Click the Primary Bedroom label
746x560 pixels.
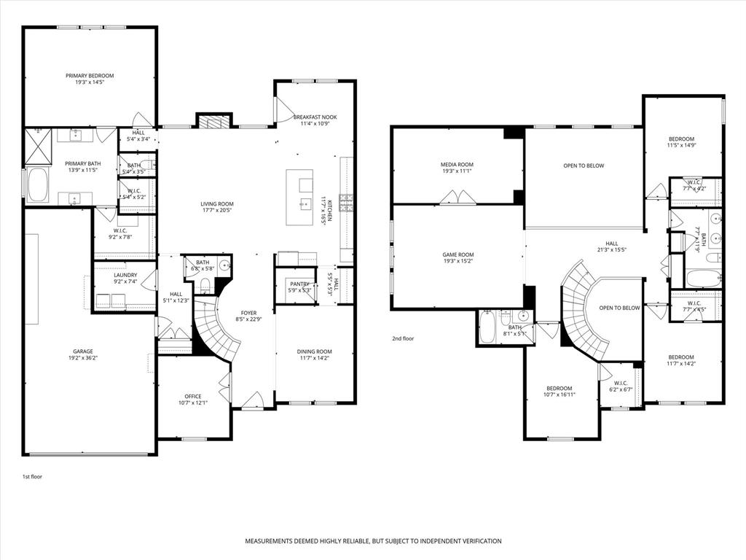[90, 76]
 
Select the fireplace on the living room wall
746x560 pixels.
[214, 121]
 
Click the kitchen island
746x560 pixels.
[299, 198]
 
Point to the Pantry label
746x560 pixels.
[299, 284]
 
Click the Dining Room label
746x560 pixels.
[315, 351]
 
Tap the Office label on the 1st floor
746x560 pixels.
[193, 397]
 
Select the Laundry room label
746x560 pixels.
[125, 275]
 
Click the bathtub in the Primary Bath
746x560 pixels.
[37, 185]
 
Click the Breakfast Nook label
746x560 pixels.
[315, 117]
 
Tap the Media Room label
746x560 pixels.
[457, 165]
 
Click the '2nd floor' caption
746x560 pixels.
[403, 338]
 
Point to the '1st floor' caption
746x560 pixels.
[32, 476]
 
